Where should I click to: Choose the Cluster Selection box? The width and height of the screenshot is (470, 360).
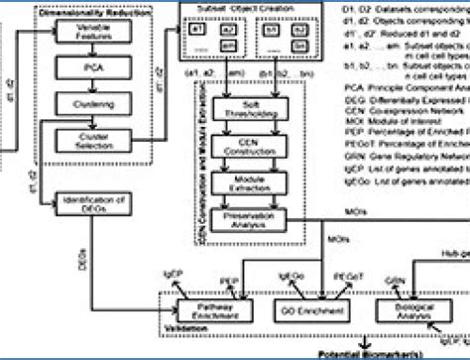coord(91,140)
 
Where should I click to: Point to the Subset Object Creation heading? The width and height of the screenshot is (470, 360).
coord(245,8)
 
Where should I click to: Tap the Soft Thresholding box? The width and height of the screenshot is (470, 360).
coord(251,106)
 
